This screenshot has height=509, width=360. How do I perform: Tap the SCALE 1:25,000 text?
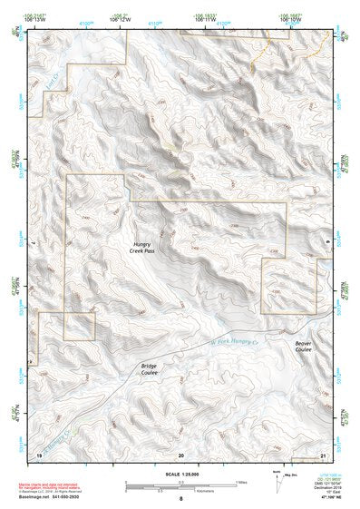click(x=180, y=473)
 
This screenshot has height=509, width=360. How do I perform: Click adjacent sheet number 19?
click(x=39, y=453)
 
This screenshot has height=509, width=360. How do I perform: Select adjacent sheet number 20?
click(x=180, y=453)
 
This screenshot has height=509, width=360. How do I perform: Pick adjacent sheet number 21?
click(x=323, y=453)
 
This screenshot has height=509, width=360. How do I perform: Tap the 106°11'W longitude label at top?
click(x=207, y=20)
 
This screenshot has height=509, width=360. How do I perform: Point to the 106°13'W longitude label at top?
click(x=39, y=20)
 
